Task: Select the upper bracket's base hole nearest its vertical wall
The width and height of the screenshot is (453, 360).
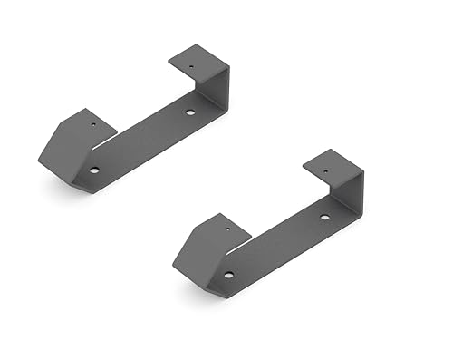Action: coord(190,112)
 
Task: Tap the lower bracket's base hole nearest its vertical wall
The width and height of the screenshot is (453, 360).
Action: coord(325,218)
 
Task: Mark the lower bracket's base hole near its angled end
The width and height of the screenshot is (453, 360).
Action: coord(228,274)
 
